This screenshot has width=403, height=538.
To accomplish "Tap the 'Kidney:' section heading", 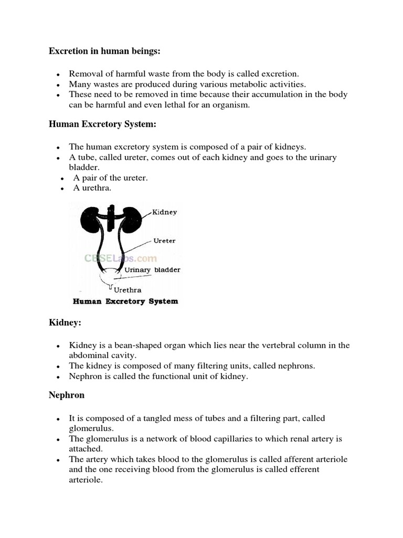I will click(65, 323).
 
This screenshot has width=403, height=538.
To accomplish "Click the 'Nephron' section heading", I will click(67, 395).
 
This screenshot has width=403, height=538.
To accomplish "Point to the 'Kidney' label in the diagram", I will click(164, 212).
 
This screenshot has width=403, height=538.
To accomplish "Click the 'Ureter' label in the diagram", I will click(164, 241).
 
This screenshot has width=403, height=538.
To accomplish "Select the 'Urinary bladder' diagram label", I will click(152, 270).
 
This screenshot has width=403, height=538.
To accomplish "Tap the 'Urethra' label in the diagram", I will click(128, 289).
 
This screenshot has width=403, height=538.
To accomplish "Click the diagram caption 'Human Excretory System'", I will click(125, 302).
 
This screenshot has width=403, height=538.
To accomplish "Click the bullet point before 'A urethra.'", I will click(62, 189).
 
